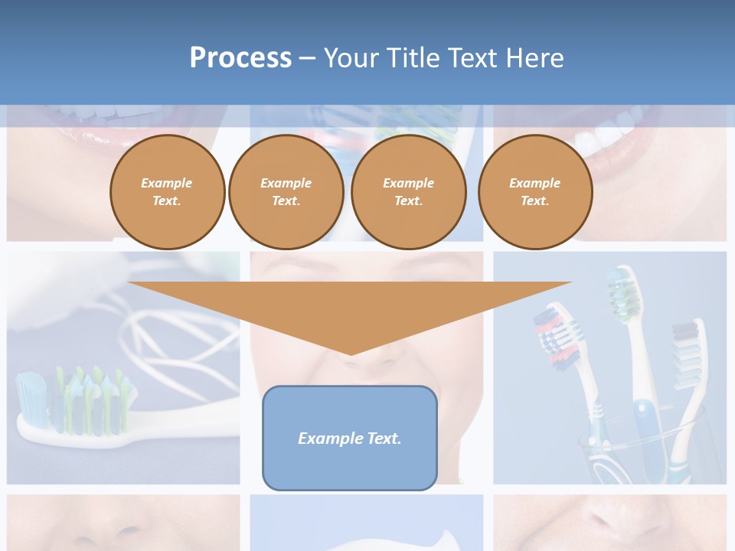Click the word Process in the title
click(x=240, y=58)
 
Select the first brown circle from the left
click(x=167, y=192)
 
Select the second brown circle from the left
click(x=286, y=192)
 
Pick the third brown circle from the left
click(x=408, y=192)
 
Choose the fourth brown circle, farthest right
click(x=534, y=192)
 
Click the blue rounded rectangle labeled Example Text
click(x=350, y=438)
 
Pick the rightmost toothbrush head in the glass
click(x=687, y=344)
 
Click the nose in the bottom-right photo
click(x=612, y=520)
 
